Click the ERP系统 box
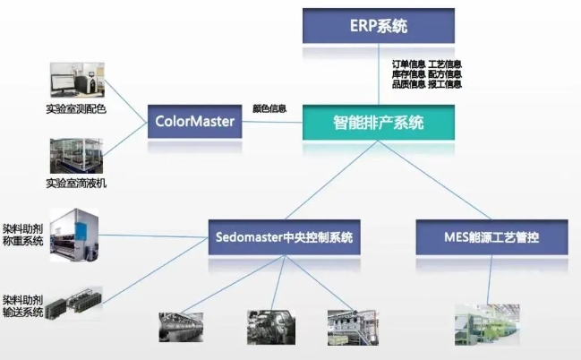pyautogui.click(x=378, y=25)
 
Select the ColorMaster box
pyautogui.click(x=195, y=121)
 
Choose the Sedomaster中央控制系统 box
pyautogui.click(x=286, y=238)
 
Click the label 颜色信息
pyautogui.click(x=269, y=108)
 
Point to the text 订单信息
pyautogui.click(x=409, y=65)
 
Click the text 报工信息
pyautogui.click(x=445, y=85)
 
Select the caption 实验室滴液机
pyautogui.click(x=76, y=184)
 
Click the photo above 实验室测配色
pyautogui.click(x=76, y=81)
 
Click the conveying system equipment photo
pyautogui.click(x=75, y=304)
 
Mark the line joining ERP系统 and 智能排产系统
pyautogui.click(x=378, y=74)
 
